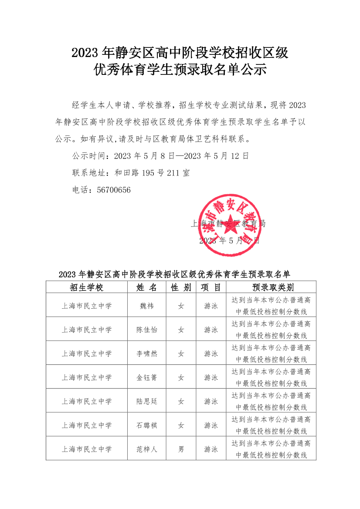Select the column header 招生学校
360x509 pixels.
click(x=86, y=287)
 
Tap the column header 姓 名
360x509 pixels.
click(x=146, y=287)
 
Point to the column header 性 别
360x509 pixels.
click(x=181, y=287)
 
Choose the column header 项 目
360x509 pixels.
click(x=211, y=287)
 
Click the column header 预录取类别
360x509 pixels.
click(x=271, y=287)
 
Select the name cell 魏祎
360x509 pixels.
click(x=146, y=306)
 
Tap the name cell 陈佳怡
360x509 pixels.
click(x=146, y=330)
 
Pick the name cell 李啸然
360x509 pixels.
click(x=146, y=354)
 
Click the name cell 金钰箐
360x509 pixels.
click(x=146, y=378)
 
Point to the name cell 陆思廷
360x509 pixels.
click(x=146, y=401)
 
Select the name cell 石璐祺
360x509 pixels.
click(x=146, y=425)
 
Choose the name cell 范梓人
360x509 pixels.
click(x=146, y=449)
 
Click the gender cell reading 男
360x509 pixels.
click(x=181, y=449)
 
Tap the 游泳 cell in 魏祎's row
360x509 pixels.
click(x=211, y=306)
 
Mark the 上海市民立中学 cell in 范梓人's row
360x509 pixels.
click(x=86, y=449)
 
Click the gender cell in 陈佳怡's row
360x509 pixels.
click(x=181, y=330)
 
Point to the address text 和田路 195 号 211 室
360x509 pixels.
click(x=152, y=173)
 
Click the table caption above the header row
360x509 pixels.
click(x=174, y=274)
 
